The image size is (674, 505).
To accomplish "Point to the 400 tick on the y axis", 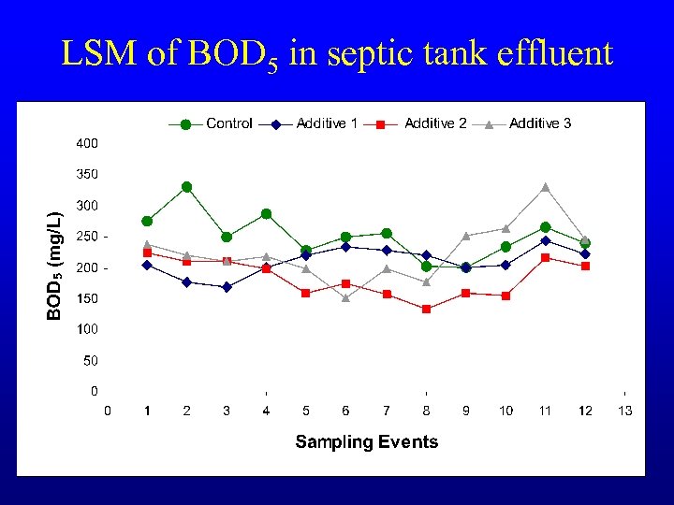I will pos(87,144).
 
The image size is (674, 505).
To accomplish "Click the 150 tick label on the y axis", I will pos(87,298).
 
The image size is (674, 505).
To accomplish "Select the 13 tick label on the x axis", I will pos(624,411).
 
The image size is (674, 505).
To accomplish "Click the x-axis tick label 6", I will pos(345,411).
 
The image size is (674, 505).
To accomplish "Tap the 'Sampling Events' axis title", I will pos(366,441).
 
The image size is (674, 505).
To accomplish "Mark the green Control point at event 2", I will pos(187,187).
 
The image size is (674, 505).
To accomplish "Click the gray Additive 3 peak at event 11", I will pos(545,187).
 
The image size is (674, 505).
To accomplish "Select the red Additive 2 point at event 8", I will pos(426,309).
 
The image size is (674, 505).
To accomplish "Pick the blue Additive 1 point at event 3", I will pos(227,287).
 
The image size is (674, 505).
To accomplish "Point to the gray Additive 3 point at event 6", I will pos(345,298).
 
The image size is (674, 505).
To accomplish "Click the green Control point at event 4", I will pos(266,214).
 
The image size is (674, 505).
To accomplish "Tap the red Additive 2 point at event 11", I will pos(545,258).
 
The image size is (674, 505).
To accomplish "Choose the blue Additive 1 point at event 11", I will pos(545,240).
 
